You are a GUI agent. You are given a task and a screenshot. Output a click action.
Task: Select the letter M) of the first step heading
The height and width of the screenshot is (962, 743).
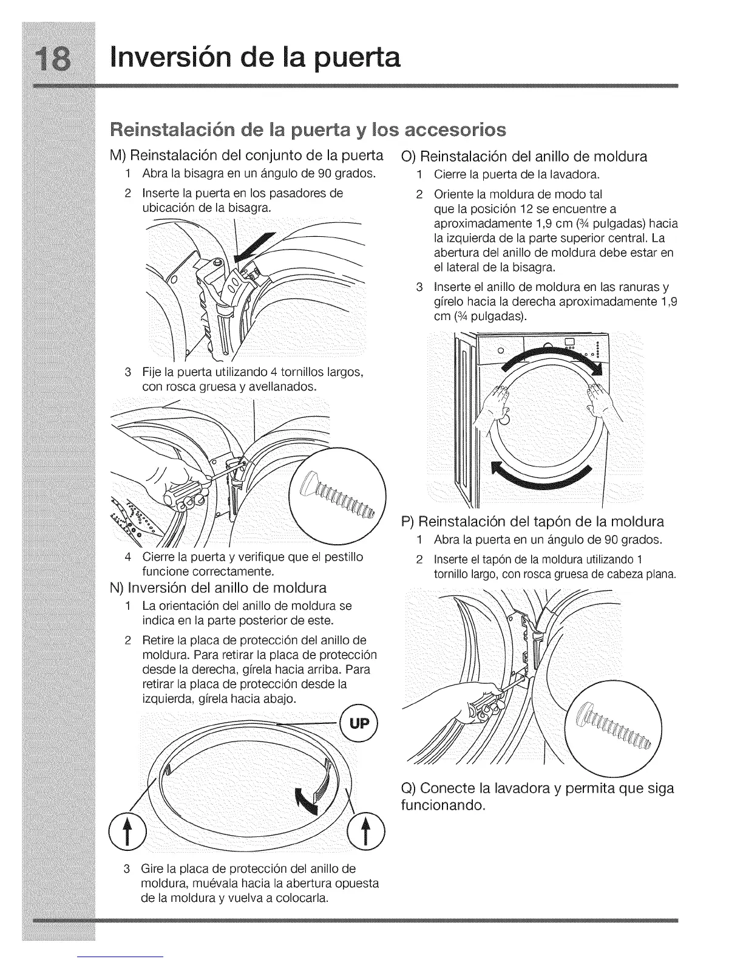117,156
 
